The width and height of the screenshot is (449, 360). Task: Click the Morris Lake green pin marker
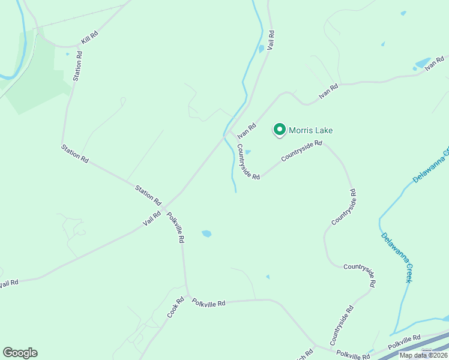coord(279,129)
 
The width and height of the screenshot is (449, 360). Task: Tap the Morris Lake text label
coord(310,130)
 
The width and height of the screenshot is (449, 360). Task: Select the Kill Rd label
coord(89,40)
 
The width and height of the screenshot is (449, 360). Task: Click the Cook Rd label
coord(175,307)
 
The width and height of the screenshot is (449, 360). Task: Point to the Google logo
coord(20,353)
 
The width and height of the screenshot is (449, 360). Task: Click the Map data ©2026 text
coord(424,355)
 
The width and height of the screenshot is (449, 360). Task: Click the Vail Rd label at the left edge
coord(8,282)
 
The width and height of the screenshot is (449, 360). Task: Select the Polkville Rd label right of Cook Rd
coord(209,304)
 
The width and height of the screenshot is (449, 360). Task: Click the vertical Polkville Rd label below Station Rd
coord(175,227)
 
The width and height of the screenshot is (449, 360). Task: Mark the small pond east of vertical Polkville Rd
coord(206,233)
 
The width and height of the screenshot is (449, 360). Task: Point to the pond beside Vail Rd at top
coord(261,49)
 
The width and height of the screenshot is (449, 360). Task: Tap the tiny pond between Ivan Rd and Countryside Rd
coord(248,152)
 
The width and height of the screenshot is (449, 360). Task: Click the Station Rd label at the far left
coord(75,153)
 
